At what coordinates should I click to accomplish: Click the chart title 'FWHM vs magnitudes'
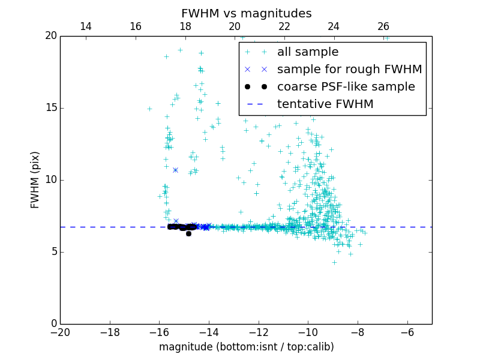[x=246, y=13]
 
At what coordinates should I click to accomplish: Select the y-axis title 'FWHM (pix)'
[x=35, y=180]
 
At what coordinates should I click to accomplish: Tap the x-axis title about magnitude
[x=246, y=347]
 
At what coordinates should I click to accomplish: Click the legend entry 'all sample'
[x=307, y=52]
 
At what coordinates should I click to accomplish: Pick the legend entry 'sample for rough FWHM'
[x=349, y=70]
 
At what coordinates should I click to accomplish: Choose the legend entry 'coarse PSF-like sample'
[x=346, y=87]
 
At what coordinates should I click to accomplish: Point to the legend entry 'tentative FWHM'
[x=325, y=104]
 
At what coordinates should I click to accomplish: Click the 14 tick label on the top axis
[x=85, y=26]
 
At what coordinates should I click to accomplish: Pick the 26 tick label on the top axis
[x=383, y=26]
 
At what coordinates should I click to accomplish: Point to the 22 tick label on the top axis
[x=284, y=26]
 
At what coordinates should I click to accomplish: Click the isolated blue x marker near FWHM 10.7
[x=175, y=170]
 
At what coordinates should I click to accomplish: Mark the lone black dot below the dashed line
[x=188, y=233]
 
